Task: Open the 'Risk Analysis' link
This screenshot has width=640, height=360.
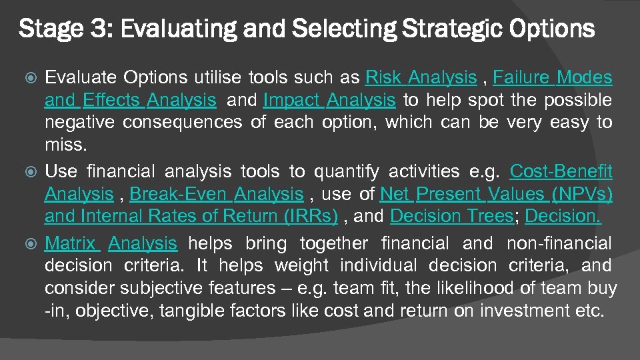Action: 421,78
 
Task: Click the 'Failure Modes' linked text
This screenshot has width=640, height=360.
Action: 552,78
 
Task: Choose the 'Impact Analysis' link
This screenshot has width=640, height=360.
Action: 329,101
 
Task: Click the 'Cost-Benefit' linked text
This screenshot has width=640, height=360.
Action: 561,171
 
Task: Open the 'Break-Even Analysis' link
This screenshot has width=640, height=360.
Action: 217,194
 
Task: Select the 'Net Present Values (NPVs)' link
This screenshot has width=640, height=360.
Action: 496,194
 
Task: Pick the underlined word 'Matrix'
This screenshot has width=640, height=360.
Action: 72,243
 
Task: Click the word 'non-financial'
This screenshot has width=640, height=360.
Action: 559,243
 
